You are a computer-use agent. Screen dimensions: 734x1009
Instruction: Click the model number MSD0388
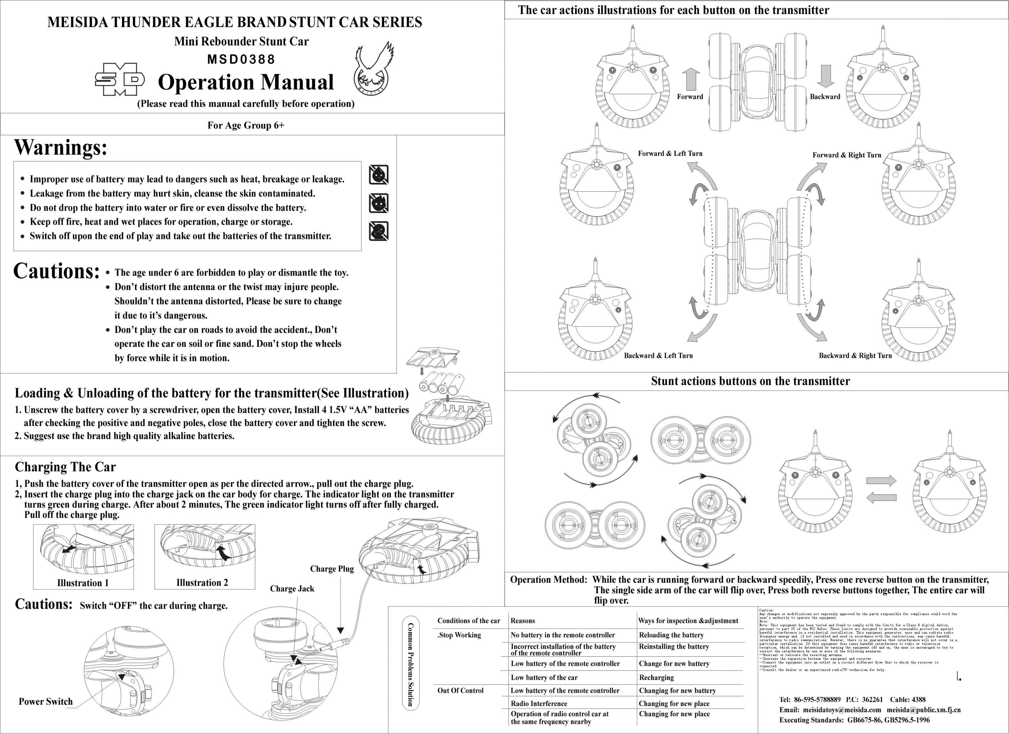241,59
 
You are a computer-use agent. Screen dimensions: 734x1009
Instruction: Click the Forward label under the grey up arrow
690,97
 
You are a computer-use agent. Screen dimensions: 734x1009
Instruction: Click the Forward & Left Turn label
670,153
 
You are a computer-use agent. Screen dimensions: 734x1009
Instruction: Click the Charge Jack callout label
292,589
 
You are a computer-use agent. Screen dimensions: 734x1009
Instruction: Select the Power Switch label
45,702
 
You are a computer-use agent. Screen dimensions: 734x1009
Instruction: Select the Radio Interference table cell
539,703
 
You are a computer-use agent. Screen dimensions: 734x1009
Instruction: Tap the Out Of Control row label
460,691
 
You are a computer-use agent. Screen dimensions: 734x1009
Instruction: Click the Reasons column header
523,621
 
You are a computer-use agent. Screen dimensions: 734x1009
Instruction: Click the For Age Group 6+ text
246,125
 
